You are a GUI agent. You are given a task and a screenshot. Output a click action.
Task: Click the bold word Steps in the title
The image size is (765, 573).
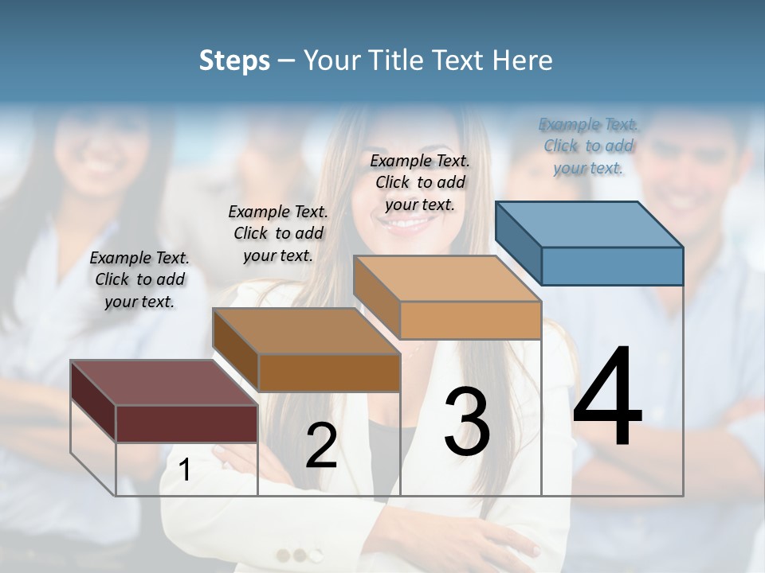(234, 60)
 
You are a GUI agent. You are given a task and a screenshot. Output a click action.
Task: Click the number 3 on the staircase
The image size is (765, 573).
(467, 422)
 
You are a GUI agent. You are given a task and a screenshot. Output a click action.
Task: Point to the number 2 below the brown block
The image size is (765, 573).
(321, 446)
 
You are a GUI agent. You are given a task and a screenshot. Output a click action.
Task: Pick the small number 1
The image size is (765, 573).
(184, 470)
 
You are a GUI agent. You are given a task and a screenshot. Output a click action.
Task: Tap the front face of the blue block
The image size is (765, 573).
(612, 266)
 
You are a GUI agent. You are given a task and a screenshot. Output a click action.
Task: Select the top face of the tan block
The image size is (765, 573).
(447, 278)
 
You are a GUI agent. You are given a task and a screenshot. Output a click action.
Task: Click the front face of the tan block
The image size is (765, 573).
(470, 320)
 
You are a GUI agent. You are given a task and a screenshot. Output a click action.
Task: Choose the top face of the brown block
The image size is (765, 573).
(306, 330)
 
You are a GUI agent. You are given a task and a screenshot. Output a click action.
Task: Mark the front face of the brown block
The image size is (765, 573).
(329, 372)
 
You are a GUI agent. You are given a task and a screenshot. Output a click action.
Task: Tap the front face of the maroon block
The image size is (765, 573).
(186, 423)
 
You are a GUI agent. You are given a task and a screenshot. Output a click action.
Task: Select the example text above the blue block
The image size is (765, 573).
(588, 146)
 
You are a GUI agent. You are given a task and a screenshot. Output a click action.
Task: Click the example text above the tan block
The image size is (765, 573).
(420, 182)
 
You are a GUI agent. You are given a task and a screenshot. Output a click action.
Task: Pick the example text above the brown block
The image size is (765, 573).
(278, 233)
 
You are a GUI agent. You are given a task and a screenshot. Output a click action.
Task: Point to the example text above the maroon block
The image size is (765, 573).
(139, 279)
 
